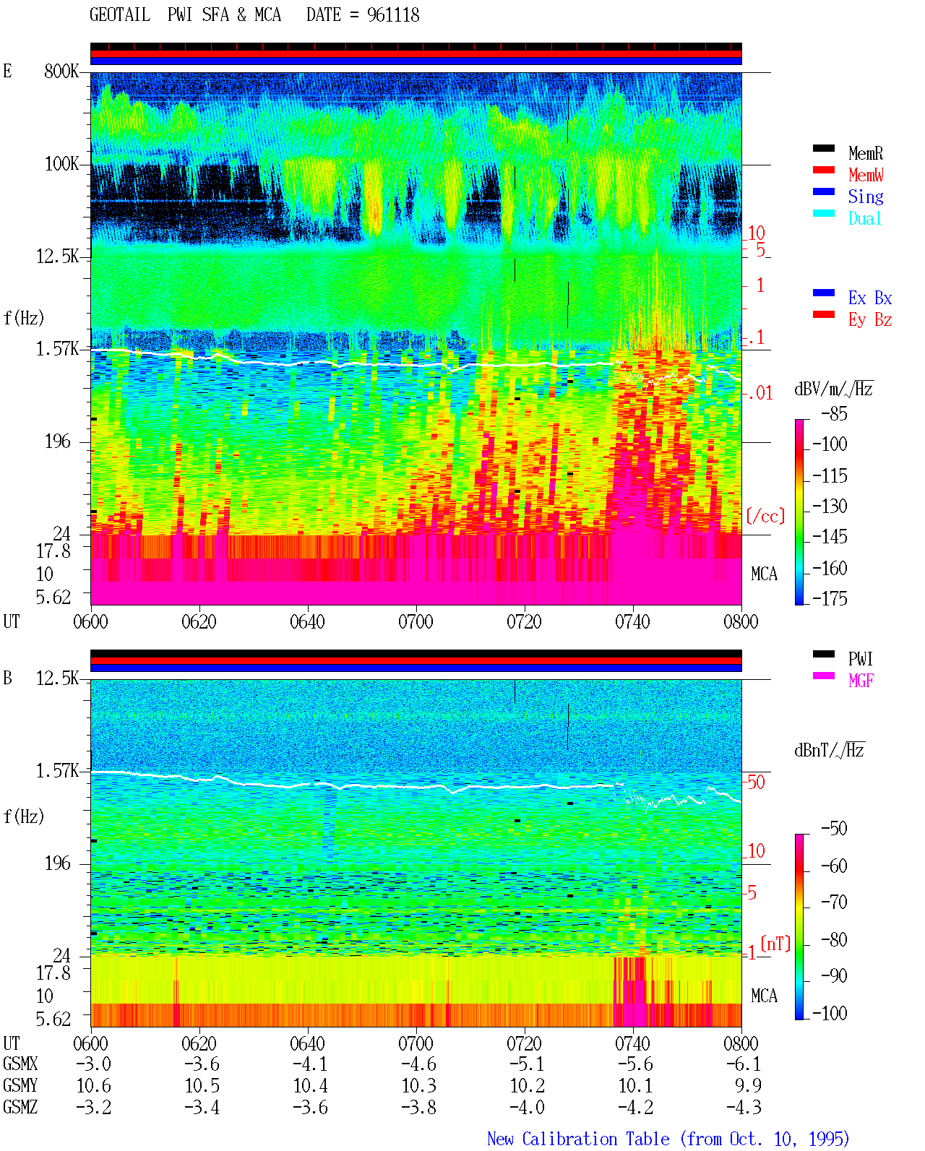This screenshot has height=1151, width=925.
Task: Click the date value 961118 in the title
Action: coord(392,15)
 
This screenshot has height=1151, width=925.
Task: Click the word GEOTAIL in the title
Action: coord(120,15)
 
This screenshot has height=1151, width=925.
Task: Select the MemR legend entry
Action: coord(866,153)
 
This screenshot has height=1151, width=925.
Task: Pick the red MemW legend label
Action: coord(866,175)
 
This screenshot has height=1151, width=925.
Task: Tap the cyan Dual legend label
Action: coord(865,218)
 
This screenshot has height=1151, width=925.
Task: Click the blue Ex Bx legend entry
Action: coord(870,298)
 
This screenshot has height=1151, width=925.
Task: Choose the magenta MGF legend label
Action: coord(861,681)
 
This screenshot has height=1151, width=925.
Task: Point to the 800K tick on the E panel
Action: coord(61,71)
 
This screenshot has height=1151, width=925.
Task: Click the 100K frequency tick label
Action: coord(61,164)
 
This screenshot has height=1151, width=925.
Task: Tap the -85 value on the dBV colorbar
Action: coord(834,413)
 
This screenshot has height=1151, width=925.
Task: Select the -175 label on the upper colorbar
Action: coord(830,598)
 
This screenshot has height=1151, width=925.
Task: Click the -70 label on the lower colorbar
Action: coord(834,902)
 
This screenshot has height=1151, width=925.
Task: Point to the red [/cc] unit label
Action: coord(765,516)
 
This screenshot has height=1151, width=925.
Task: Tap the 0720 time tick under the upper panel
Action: coord(525,622)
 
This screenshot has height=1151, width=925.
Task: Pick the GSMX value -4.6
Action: coord(419,1064)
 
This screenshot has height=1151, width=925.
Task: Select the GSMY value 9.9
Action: coord(748,1086)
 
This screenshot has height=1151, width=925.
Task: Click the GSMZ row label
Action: coord(20,1107)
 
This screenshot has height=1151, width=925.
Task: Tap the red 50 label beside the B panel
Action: coord(756,782)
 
